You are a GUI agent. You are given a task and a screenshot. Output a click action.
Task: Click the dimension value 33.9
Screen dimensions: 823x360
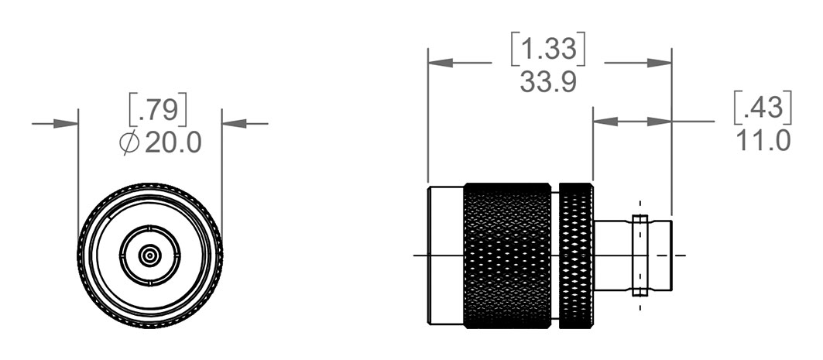(x=548, y=82)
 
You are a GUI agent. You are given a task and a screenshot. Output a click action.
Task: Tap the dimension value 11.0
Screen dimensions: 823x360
(x=763, y=141)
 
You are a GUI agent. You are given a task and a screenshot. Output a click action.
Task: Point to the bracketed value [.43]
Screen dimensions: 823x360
(x=762, y=108)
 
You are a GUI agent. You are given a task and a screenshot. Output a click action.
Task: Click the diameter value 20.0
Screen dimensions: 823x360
(x=173, y=142)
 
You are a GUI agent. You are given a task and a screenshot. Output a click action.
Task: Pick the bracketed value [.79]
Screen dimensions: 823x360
(x=158, y=110)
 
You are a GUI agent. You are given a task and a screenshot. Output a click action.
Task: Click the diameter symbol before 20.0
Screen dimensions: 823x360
(x=129, y=142)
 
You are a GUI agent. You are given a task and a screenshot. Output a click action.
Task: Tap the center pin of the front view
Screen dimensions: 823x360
(x=149, y=255)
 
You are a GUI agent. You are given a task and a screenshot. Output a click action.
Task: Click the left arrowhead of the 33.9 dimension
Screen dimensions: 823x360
(x=441, y=63)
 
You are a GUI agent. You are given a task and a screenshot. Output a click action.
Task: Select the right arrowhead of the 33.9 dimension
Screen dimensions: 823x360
(x=659, y=63)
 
